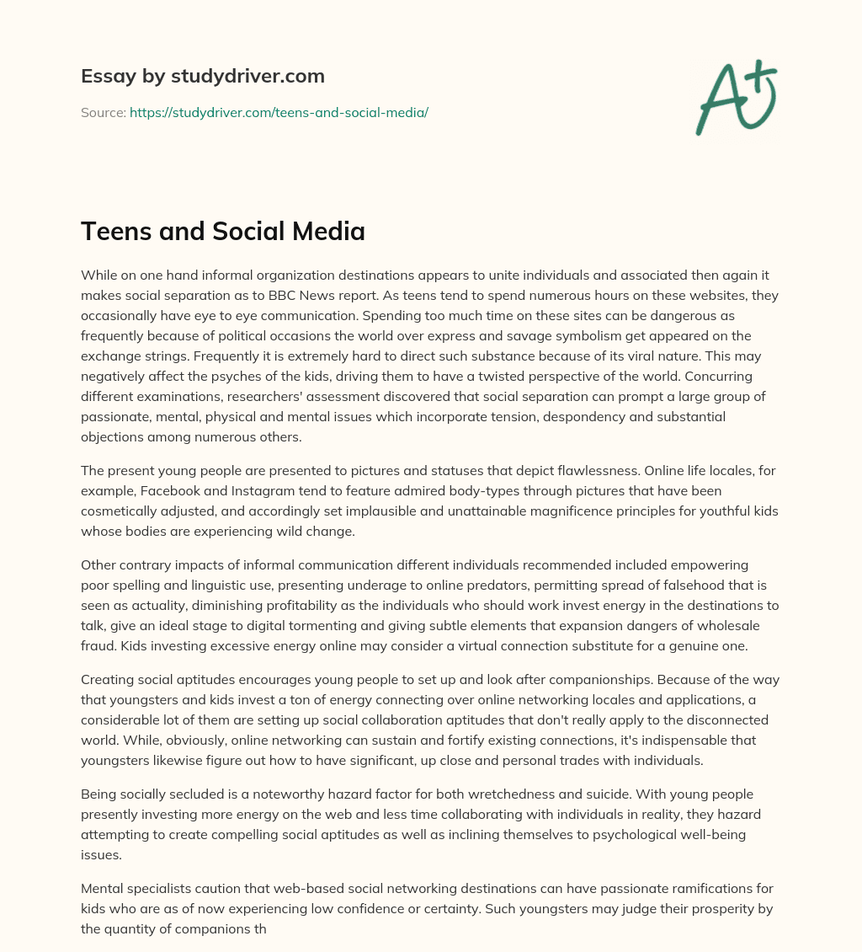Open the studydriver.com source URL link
(x=279, y=112)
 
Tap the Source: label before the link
(x=103, y=112)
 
